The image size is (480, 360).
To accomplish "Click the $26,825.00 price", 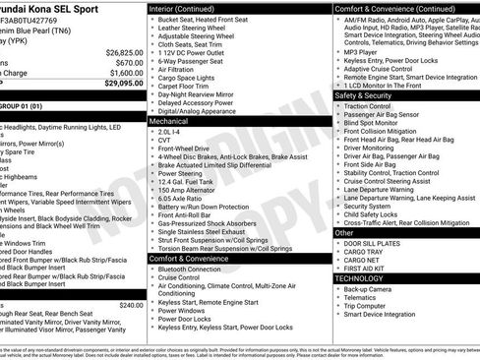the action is point(124,52).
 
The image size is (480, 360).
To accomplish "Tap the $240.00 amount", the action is point(131,305).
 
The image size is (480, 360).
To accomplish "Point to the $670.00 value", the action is point(129,62).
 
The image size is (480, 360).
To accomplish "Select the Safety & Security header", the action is point(363,96).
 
